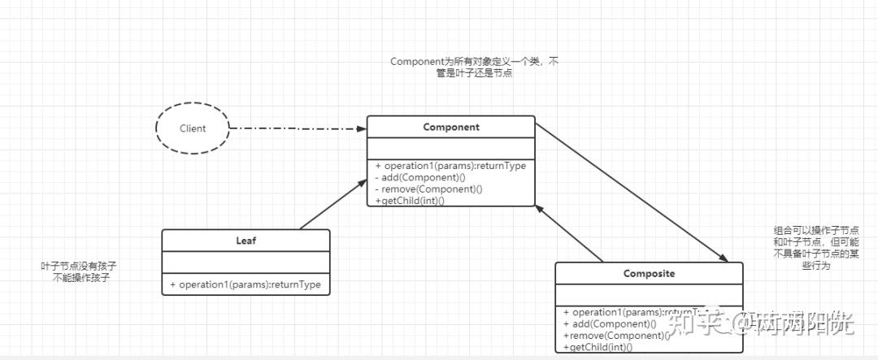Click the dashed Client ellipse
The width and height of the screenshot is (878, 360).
coord(193,128)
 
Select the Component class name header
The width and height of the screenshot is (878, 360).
coord(451,128)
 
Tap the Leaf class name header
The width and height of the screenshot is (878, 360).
coord(246,241)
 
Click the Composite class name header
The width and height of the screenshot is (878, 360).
coord(649,274)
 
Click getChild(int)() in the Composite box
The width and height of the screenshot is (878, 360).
coord(598,346)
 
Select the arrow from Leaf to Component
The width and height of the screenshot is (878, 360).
coord(332,206)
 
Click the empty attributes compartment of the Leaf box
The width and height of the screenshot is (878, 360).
coord(246,262)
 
